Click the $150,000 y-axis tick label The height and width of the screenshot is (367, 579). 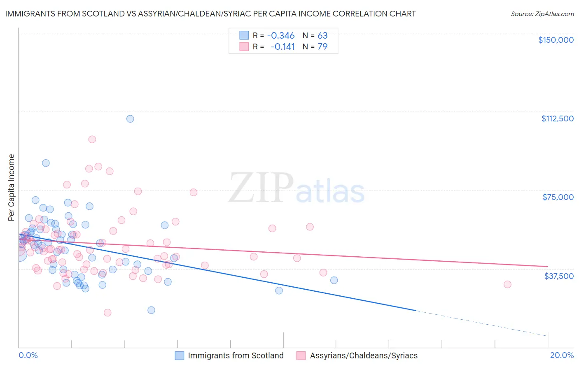click(x=556, y=40)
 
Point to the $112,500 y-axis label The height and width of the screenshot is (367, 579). click(x=557, y=118)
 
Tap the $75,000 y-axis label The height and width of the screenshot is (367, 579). click(x=558, y=197)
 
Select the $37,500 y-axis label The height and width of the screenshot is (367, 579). click(x=559, y=276)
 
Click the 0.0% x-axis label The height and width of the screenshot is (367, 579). click(x=28, y=355)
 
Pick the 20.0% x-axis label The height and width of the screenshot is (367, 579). click(x=562, y=355)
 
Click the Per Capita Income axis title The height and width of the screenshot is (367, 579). click(x=12, y=188)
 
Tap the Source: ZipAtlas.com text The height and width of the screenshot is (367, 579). click(x=542, y=14)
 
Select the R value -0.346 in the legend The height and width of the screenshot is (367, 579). click(x=281, y=35)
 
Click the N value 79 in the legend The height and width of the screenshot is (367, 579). click(x=322, y=46)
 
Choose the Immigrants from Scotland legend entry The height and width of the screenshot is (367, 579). click(x=229, y=355)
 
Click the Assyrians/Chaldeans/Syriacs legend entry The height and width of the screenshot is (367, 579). click(x=357, y=355)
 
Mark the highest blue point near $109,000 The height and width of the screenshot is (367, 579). click(x=130, y=119)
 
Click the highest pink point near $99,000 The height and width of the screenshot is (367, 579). click(x=92, y=139)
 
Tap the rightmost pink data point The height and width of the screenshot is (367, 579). click(x=507, y=284)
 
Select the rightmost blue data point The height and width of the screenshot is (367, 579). click(x=334, y=280)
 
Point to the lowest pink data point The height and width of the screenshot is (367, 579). click(x=107, y=313)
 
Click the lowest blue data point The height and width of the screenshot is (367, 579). click(x=151, y=310)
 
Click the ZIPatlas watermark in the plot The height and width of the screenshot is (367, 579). click(x=297, y=188)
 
